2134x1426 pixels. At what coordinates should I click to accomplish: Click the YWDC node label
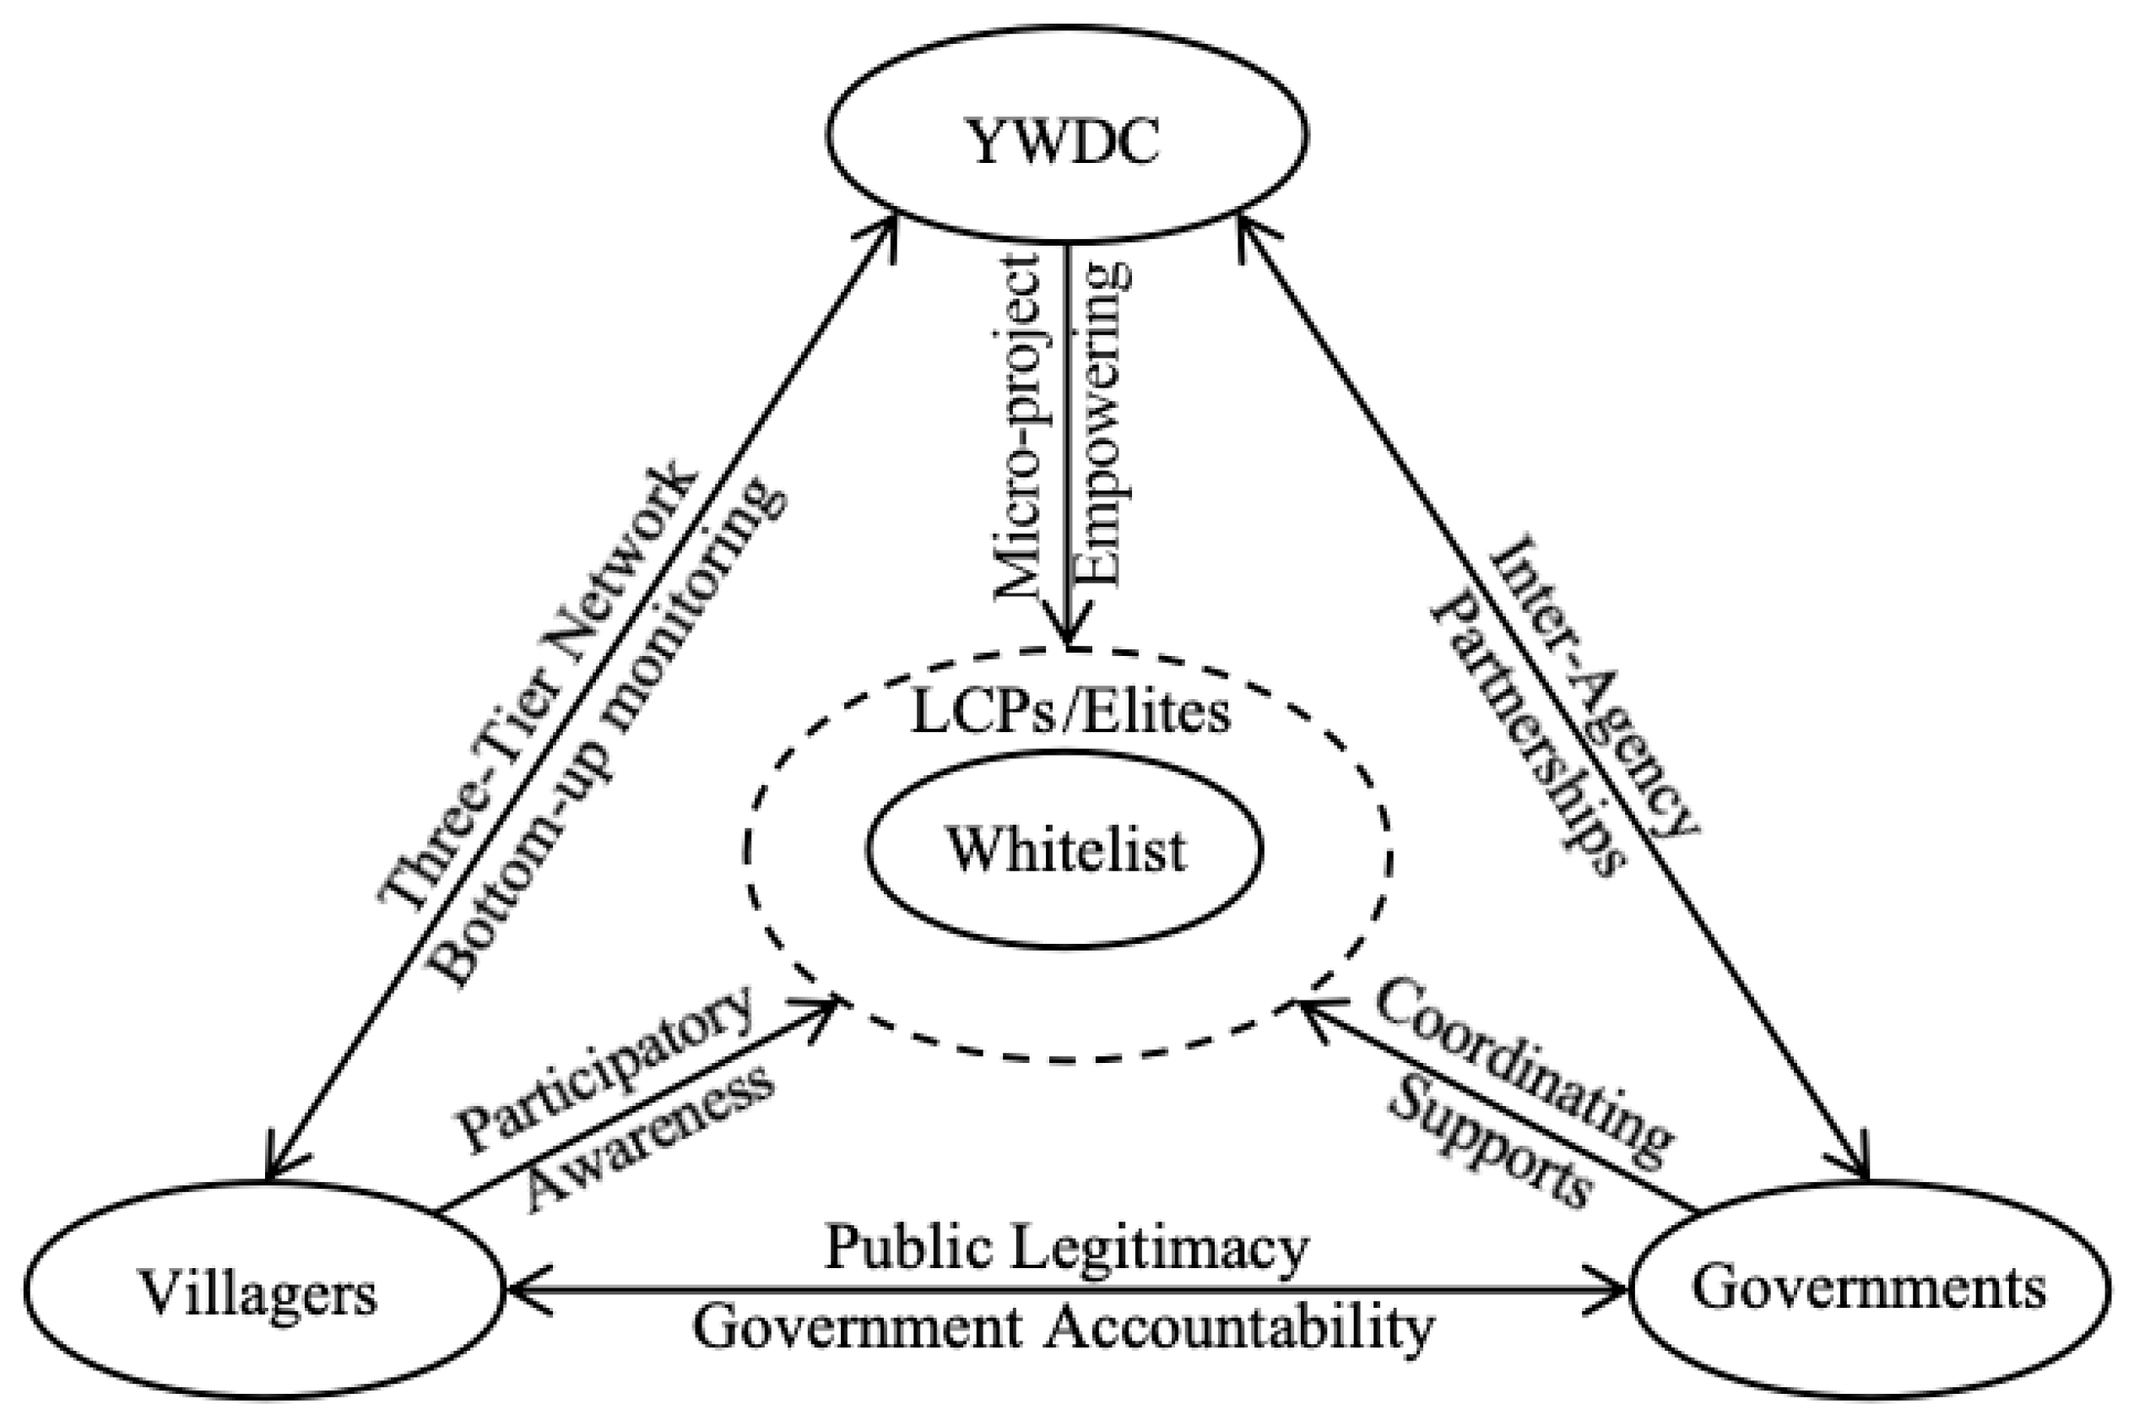pyautogui.click(x=1065, y=144)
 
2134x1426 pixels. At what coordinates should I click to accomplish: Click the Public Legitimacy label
pyautogui.click(x=1065, y=1249)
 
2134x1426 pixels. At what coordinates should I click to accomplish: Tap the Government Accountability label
pyautogui.click(x=1064, y=1328)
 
